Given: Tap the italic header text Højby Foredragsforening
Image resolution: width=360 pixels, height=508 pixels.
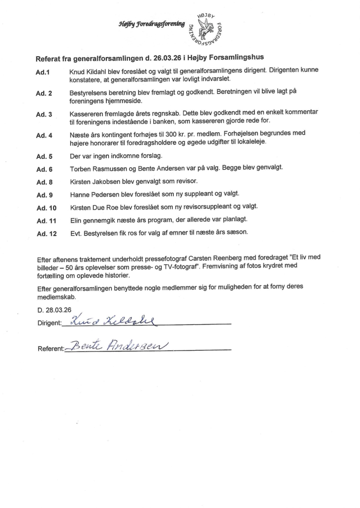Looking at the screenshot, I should coord(151,23).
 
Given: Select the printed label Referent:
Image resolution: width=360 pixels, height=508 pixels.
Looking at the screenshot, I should coord(51,349).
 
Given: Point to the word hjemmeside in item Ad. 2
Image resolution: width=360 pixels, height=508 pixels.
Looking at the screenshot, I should coord(123,102).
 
